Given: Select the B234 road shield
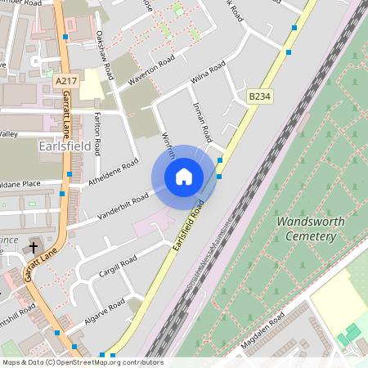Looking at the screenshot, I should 259,96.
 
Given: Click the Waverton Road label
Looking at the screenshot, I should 151,72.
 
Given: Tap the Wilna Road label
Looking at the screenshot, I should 208,74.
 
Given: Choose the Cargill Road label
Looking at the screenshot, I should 117,268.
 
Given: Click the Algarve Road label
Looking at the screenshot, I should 105,310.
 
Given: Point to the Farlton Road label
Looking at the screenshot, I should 97,133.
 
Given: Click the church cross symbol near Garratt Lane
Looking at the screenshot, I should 34,247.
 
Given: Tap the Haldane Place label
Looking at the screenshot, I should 20,184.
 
